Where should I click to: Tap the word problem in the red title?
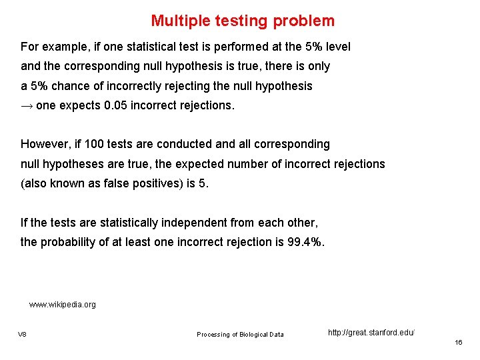[x=304, y=21]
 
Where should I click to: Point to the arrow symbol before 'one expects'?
[x=27, y=106]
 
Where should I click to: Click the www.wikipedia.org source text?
[x=63, y=305]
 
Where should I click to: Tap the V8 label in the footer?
[x=22, y=334]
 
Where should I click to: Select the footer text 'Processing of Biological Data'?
[x=240, y=334]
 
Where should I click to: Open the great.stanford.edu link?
[x=371, y=332]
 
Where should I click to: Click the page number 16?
[x=458, y=342]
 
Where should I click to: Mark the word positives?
[x=165, y=183]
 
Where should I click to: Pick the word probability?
[x=72, y=242]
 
